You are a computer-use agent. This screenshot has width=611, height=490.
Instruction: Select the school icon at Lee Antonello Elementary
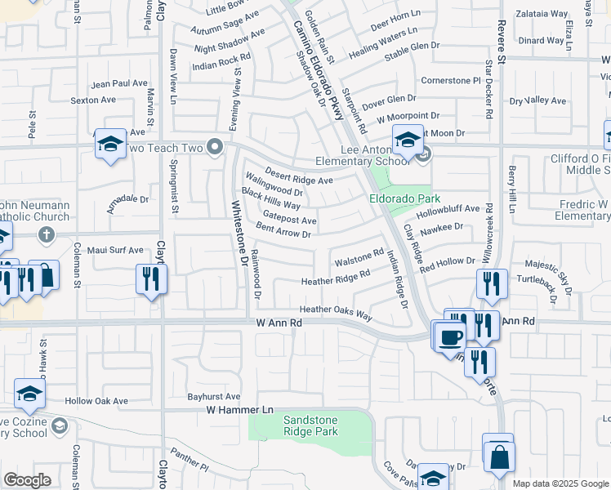(x=407, y=140)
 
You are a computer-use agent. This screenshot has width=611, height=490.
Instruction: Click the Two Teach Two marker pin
(x=216, y=147)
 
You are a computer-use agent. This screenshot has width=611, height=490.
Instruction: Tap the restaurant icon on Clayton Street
(x=151, y=278)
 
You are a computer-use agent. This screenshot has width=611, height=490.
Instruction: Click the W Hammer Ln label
(x=239, y=409)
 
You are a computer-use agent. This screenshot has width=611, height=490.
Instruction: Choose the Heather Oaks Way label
(x=336, y=310)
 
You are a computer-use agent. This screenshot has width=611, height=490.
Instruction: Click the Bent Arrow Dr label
(x=283, y=230)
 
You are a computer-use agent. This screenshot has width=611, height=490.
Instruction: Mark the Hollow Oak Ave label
(x=97, y=401)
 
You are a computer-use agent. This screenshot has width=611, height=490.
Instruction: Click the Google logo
(x=27, y=480)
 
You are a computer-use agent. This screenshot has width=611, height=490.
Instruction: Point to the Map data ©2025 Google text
(x=560, y=483)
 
